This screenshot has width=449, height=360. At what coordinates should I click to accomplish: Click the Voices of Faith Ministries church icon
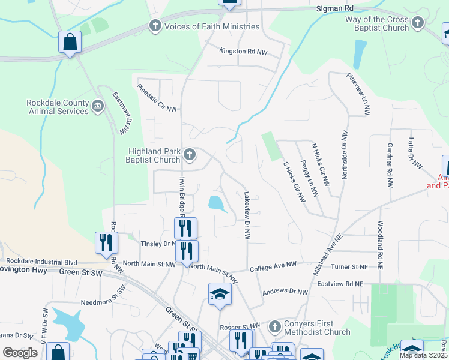pos(155,26)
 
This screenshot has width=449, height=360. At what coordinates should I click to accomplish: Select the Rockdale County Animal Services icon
pos(98,107)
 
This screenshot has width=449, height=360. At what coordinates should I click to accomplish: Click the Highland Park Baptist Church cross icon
pos(190,155)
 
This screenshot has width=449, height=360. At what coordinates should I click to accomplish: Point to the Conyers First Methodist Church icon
pos(274,328)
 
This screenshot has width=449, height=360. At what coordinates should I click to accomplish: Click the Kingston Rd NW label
pos(241,51)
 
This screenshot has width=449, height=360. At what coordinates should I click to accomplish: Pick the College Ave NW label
pos(273,264)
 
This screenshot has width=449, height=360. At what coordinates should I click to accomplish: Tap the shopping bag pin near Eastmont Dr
pos(70,43)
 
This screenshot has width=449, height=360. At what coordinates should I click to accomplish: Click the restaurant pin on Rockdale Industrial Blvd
pos(106,242)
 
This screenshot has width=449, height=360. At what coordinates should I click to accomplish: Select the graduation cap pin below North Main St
pos(220,294)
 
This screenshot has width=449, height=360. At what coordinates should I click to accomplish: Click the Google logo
pos(20,353)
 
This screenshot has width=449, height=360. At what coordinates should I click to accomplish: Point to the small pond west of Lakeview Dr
pos(217,203)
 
